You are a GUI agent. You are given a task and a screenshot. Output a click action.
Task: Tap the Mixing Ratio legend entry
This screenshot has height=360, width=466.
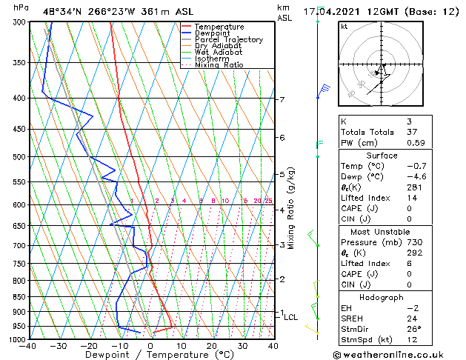[x=219, y=65]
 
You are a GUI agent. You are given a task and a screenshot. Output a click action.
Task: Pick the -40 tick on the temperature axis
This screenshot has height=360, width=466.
[x=29, y=346]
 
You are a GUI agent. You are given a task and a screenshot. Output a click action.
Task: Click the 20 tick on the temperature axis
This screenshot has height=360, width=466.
[x=212, y=346]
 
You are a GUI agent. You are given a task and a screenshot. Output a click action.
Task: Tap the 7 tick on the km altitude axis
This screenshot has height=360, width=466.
[x=282, y=99]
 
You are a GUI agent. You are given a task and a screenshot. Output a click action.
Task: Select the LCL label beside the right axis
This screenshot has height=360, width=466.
[x=291, y=317]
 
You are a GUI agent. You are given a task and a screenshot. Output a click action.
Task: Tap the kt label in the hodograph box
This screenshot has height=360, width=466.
[x=344, y=26]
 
